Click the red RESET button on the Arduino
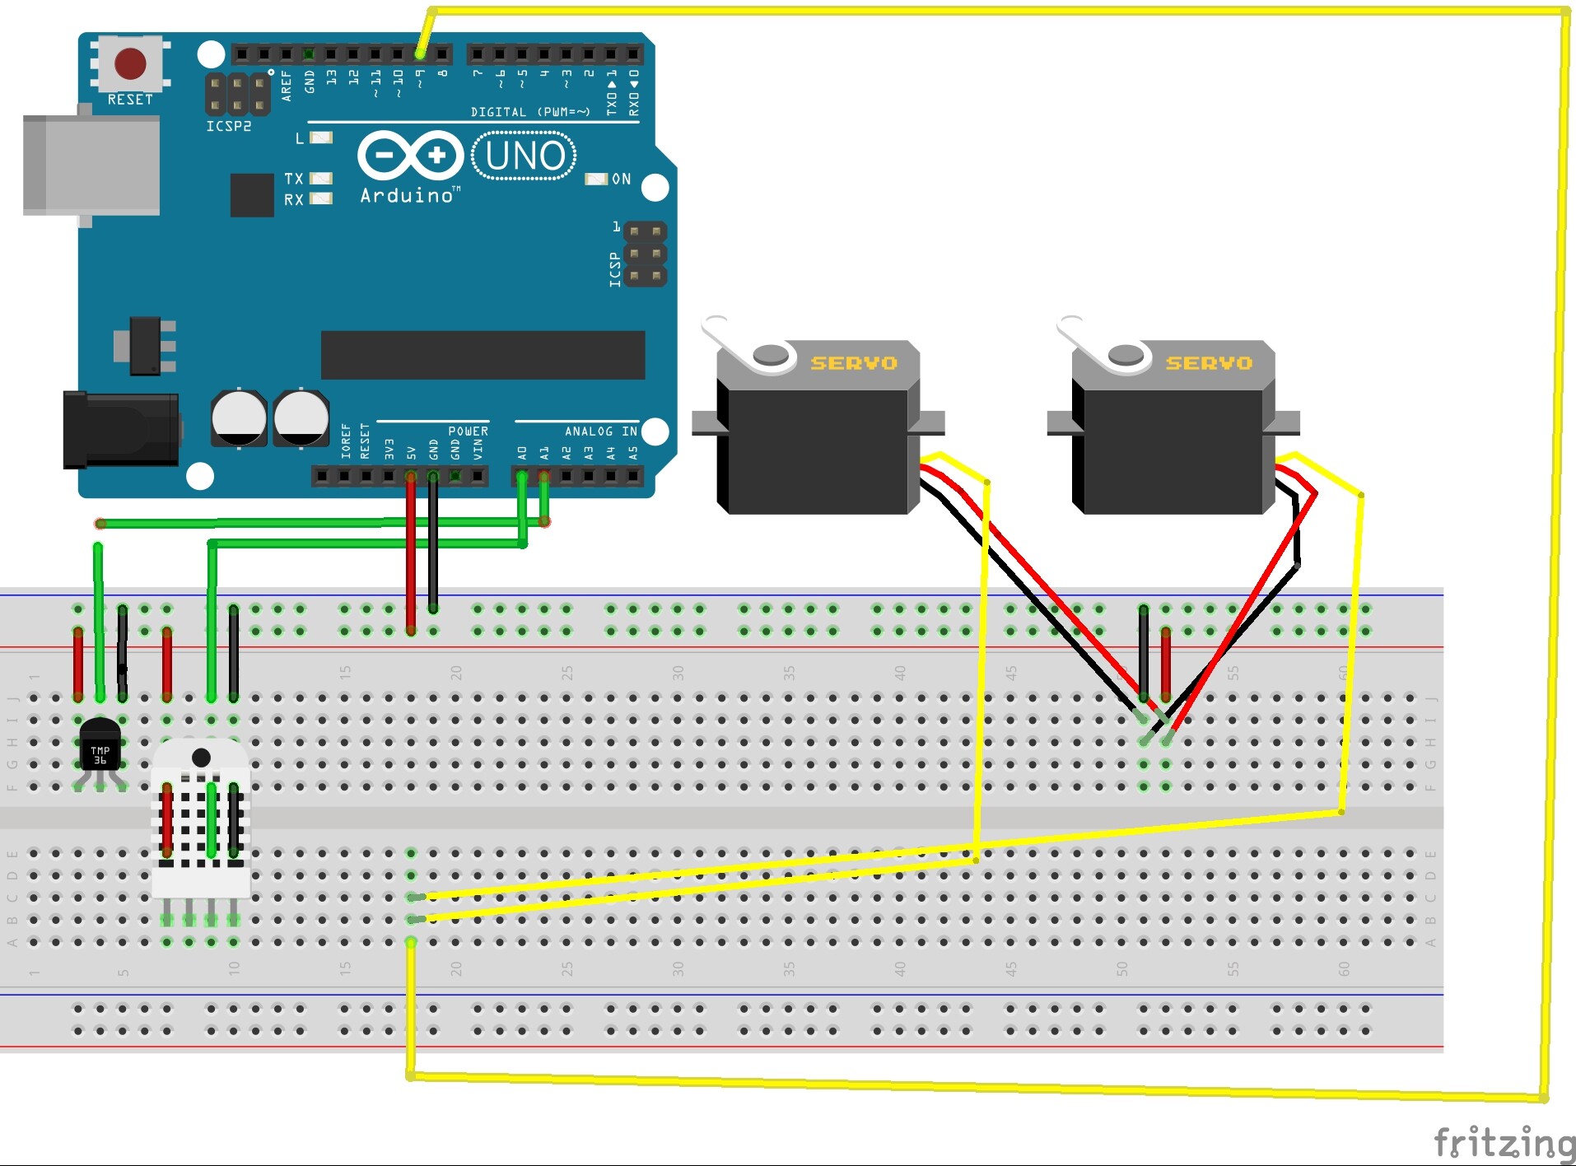click(x=130, y=63)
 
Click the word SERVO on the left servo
click(x=853, y=363)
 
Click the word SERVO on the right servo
click(x=1208, y=363)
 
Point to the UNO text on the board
click(x=525, y=156)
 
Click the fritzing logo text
click(x=1504, y=1143)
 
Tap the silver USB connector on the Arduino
click(x=91, y=165)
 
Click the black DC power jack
click(x=120, y=429)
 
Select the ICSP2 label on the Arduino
click(x=228, y=127)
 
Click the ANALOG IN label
click(x=600, y=431)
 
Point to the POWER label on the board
click(x=468, y=431)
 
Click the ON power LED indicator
click(x=596, y=179)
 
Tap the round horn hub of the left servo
click(x=771, y=355)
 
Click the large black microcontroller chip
click(x=483, y=355)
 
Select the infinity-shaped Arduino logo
click(x=410, y=155)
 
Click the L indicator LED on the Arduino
click(x=321, y=138)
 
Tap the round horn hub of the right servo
click(x=1126, y=355)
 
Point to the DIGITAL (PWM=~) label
click(x=530, y=112)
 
